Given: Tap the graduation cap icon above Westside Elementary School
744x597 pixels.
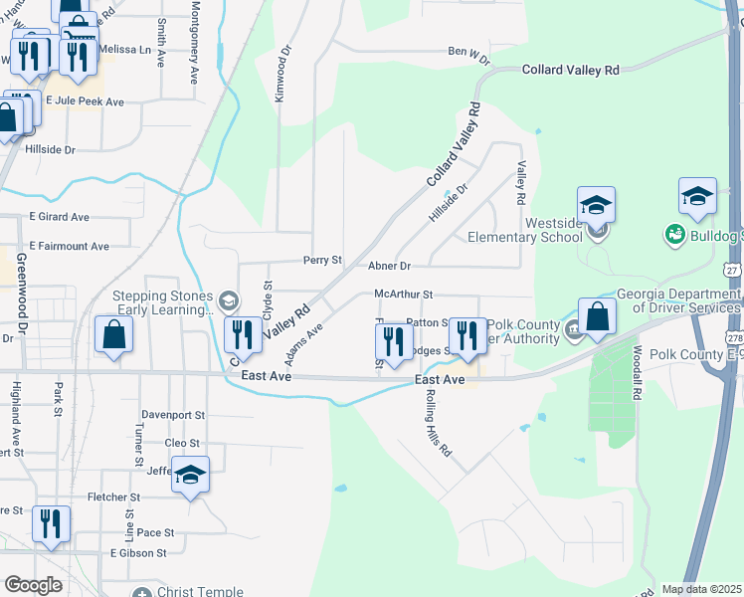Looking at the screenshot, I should (597, 206).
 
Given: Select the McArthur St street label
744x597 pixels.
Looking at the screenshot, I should (404, 295).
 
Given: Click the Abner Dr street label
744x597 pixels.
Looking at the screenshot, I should (389, 267).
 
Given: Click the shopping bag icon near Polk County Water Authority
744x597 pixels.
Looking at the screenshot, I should (597, 317).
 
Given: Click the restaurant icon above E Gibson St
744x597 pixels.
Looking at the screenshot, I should (50, 524).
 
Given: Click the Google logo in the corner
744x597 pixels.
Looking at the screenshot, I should (33, 585).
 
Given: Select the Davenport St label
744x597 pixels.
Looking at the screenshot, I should (171, 415).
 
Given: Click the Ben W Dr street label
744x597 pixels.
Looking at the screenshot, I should (469, 56).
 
